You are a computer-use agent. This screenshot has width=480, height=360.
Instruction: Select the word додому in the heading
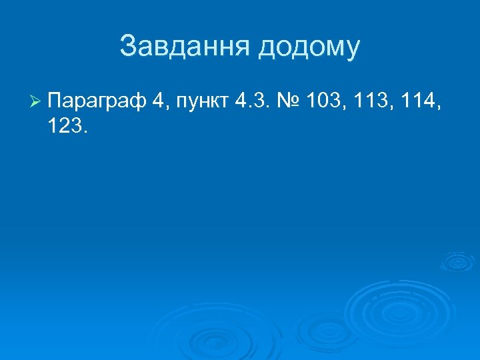coord(309,47)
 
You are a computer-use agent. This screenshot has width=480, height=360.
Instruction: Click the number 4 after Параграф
coord(157,101)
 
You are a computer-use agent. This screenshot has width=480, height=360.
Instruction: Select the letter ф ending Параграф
coord(137,102)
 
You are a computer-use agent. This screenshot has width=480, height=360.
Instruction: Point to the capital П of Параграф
coord(55,101)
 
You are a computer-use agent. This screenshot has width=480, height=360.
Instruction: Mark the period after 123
coord(85,132)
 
